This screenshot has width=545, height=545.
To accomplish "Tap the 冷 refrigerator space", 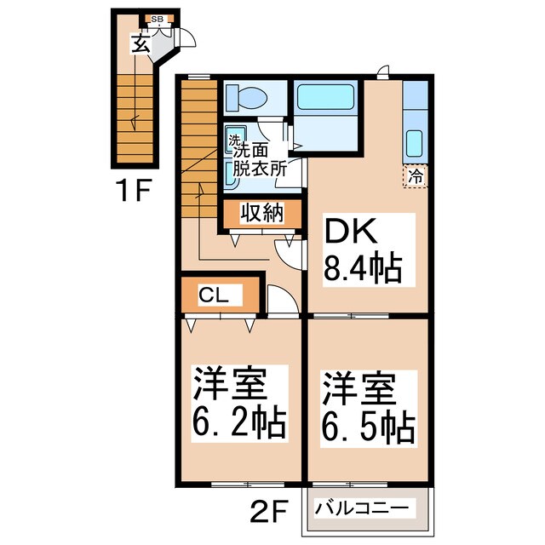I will pos(416,176).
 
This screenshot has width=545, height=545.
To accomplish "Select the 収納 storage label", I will pos(261,214).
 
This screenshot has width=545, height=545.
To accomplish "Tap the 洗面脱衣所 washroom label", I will pos(256,158).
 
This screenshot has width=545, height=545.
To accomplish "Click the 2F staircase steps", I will pos(198,145).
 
